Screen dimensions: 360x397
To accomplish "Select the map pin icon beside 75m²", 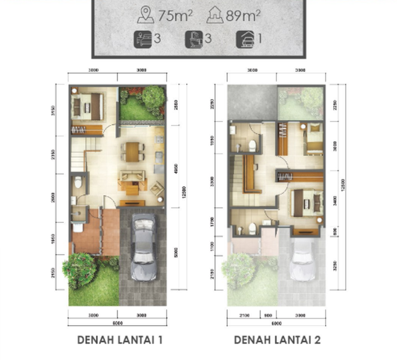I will click(x=145, y=16).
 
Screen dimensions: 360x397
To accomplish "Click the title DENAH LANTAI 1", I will click(x=120, y=340).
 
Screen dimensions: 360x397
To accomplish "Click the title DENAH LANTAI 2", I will click(x=277, y=340).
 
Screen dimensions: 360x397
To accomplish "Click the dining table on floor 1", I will click(x=132, y=151).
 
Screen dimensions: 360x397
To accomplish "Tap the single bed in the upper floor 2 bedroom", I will click(x=314, y=141).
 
